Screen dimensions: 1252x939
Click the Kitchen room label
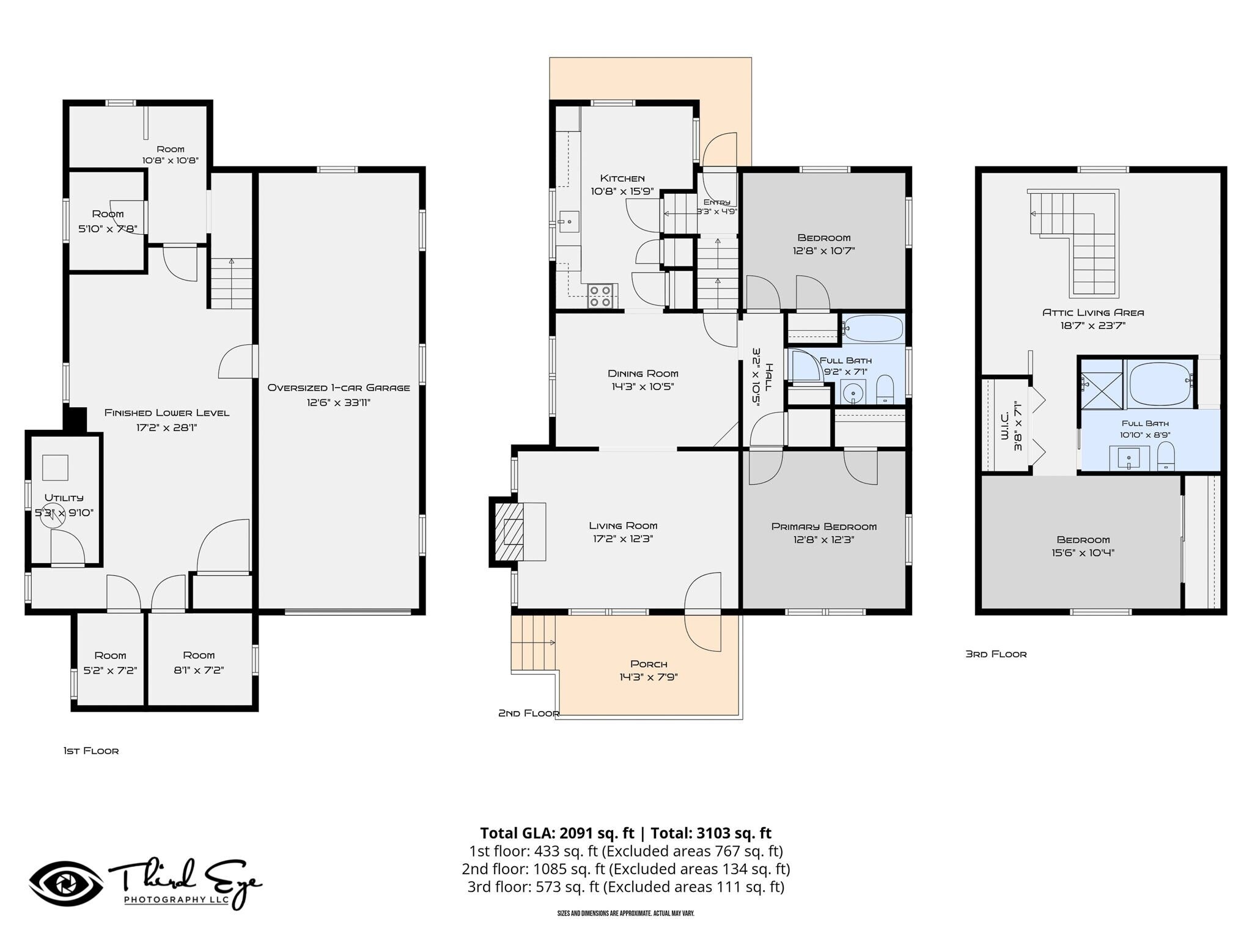point(622,178)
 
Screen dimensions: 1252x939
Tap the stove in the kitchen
point(600,296)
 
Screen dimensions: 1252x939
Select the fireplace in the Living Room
point(517,531)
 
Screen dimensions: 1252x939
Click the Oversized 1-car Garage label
point(339,388)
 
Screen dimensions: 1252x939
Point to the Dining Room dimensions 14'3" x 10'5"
point(643,386)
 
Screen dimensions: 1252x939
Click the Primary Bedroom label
point(824,526)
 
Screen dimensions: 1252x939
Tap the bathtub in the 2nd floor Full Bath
point(873,328)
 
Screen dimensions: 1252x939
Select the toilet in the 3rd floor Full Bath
point(1166,457)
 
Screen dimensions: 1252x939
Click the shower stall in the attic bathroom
point(1102,383)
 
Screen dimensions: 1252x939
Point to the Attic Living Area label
point(1093,312)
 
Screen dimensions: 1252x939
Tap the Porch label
point(649,664)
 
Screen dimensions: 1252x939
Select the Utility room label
point(64,498)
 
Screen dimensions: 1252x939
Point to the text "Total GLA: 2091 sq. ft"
point(557,833)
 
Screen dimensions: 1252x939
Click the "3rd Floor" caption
point(996,654)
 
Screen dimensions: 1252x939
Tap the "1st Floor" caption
point(91,751)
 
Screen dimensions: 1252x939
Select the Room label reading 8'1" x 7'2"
point(199,663)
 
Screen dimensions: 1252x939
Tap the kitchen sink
point(569,221)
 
